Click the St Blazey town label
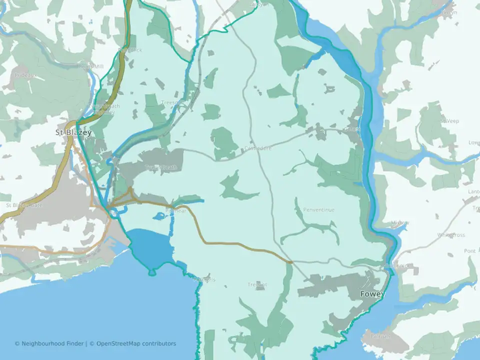[73, 132]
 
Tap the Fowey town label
[372, 294]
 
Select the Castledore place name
[258, 148]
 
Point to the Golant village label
[351, 129]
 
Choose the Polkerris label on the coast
[204, 279]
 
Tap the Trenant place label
[257, 285]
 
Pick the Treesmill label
[173, 102]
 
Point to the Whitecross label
[451, 234]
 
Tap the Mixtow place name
[400, 223]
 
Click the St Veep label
[449, 121]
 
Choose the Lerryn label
[449, 12]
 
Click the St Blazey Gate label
[24, 205]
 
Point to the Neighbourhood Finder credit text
[50, 343]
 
